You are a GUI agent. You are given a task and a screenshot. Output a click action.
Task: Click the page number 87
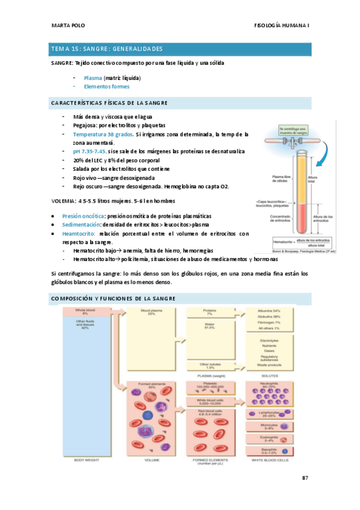click(305, 478)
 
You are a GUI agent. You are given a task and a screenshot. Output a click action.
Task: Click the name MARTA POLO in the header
click(67, 26)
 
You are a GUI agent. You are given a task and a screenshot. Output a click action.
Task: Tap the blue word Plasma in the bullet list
click(93, 78)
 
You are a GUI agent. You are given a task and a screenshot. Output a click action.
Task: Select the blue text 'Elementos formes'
click(106, 87)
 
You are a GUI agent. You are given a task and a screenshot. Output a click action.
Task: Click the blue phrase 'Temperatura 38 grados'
click(103, 134)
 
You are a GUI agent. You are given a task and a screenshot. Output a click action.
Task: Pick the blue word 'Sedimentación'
click(80, 224)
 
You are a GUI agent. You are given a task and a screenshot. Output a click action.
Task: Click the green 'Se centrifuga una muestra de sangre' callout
click(292, 131)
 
